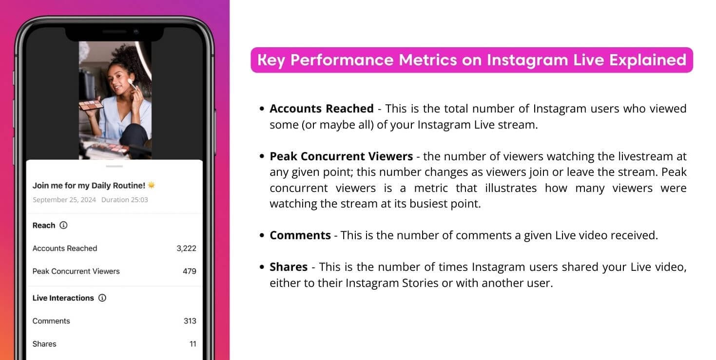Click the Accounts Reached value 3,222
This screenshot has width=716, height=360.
(x=186, y=248)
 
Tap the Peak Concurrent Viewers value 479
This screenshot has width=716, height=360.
(x=190, y=271)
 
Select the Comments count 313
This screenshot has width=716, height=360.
(x=190, y=321)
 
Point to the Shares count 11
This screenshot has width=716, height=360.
(x=193, y=344)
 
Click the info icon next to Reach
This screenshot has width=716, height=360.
(x=63, y=226)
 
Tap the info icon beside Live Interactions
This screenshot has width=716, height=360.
(x=102, y=298)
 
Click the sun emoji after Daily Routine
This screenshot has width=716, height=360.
(x=152, y=185)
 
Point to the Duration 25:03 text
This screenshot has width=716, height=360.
(x=125, y=200)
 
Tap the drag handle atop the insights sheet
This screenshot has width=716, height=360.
(x=115, y=167)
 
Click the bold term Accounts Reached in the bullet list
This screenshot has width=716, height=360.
(x=322, y=109)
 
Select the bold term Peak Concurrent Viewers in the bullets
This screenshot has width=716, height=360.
(x=341, y=156)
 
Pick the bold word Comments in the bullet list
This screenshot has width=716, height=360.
(x=300, y=235)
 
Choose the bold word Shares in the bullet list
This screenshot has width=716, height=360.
(x=289, y=267)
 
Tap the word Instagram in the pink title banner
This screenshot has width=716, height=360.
(x=527, y=60)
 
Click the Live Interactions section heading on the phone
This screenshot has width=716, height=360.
(x=63, y=298)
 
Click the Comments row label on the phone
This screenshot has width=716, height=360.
(x=51, y=321)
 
